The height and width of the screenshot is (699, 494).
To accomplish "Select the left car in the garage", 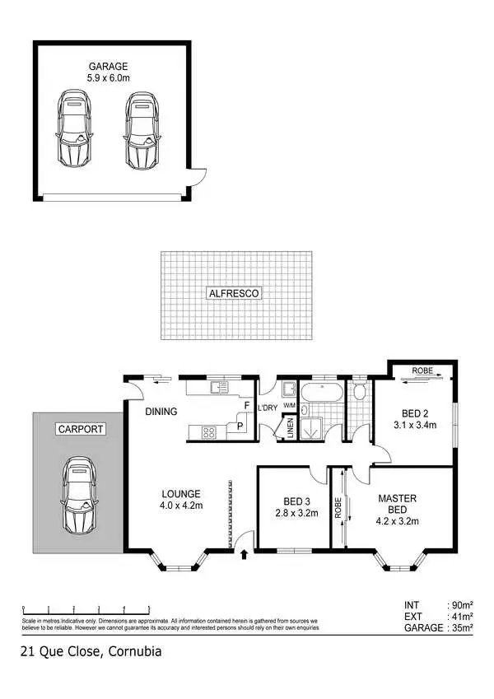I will click(x=74, y=129).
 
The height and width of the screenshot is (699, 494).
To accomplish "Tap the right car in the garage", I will click(x=141, y=129).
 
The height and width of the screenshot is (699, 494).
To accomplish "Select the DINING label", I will click(x=161, y=411).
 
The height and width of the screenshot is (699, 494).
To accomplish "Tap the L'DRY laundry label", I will click(x=268, y=408).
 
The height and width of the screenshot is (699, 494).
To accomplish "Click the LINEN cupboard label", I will click(x=290, y=429).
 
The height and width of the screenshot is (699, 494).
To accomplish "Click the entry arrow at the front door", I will click(x=245, y=556).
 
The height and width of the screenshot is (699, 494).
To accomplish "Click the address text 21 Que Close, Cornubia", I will click(x=91, y=652).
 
